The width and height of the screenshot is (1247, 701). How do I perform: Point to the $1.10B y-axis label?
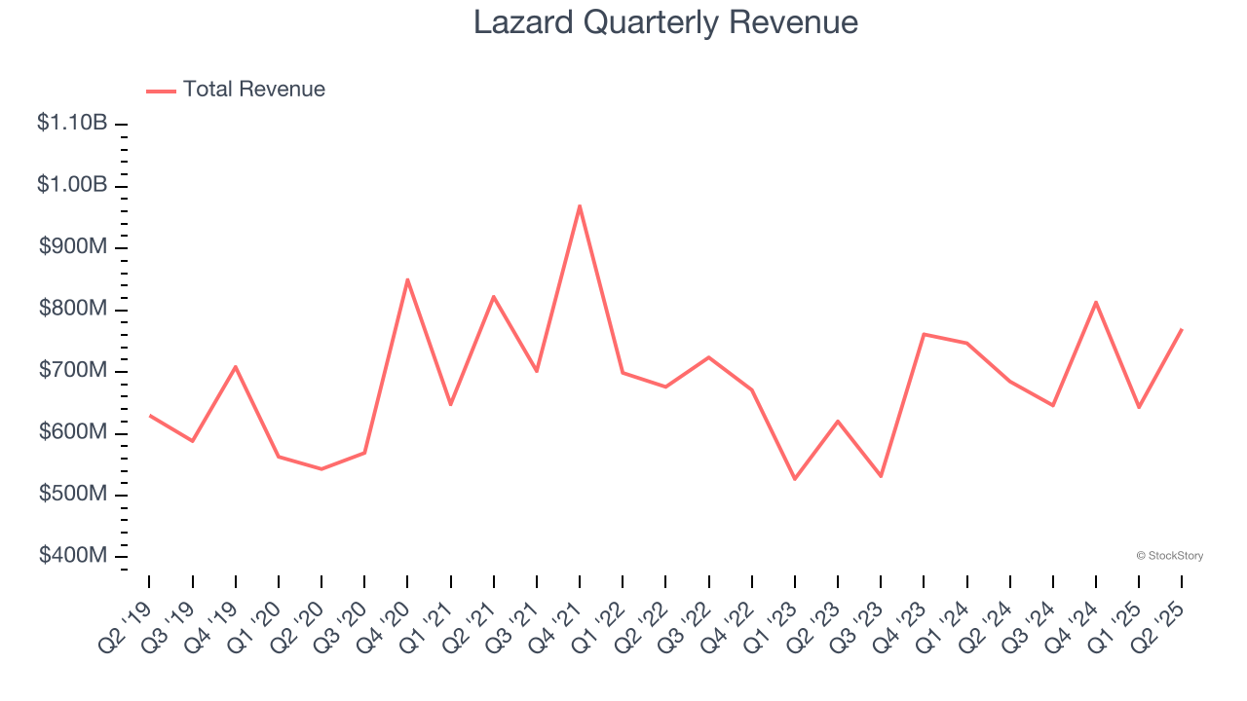(x=72, y=124)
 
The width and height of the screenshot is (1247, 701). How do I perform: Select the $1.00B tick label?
(x=72, y=185)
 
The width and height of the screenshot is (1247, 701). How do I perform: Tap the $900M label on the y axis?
(x=73, y=247)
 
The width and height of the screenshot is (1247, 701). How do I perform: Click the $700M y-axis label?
(x=73, y=371)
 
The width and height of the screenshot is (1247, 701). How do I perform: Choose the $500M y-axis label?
(x=73, y=494)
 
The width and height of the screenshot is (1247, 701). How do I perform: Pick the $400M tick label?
(x=73, y=556)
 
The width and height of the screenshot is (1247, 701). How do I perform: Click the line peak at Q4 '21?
(x=580, y=205)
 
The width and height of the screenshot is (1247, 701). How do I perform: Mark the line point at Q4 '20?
(x=407, y=279)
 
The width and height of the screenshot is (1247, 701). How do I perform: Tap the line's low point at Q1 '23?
(x=795, y=479)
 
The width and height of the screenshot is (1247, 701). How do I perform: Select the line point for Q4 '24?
(x=1096, y=302)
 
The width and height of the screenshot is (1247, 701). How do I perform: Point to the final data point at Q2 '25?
(x=1182, y=329)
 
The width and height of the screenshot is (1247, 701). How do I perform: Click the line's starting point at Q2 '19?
(x=149, y=416)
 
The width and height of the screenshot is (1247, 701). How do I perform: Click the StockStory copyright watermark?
(x=1169, y=556)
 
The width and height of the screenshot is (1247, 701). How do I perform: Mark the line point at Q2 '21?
(x=494, y=296)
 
